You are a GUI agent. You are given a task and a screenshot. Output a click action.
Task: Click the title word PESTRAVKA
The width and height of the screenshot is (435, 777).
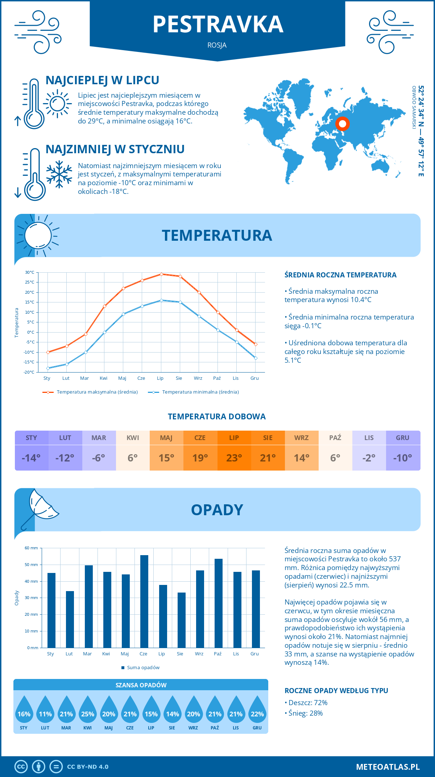217,24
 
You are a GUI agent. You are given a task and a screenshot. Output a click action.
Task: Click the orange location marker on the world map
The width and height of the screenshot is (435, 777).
342,124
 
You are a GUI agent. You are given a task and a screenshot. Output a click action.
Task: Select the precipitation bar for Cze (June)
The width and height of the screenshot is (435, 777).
144,601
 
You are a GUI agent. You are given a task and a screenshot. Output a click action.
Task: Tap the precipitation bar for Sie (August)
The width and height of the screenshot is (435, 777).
182,620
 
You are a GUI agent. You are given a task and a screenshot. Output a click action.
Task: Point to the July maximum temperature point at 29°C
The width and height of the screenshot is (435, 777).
161,274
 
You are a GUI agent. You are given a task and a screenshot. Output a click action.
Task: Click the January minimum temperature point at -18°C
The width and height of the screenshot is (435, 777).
48,368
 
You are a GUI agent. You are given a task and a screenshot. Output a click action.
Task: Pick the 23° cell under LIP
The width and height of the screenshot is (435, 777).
234,458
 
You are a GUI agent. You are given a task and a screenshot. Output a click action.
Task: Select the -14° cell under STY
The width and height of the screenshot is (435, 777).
32,458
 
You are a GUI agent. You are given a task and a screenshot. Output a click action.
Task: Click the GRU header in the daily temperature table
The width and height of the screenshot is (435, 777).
403,438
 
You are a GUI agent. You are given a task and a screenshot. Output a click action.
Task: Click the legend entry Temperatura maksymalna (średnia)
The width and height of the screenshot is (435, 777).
97,392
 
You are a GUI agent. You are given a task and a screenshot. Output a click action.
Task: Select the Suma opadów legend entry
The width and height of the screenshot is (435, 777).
143,668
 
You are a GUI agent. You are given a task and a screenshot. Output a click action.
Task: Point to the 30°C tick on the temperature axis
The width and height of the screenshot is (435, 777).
30,272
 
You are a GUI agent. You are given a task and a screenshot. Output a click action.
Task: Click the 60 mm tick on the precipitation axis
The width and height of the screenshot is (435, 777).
32,548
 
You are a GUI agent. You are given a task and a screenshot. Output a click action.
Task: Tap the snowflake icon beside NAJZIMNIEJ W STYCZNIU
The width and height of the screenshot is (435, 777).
59,174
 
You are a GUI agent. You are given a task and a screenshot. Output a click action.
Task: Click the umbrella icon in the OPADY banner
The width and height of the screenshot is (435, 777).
40,508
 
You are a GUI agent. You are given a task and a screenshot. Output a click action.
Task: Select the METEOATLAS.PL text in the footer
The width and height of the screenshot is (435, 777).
388,767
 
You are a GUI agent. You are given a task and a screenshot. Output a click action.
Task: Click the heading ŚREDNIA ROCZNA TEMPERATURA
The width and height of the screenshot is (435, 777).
340,275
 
